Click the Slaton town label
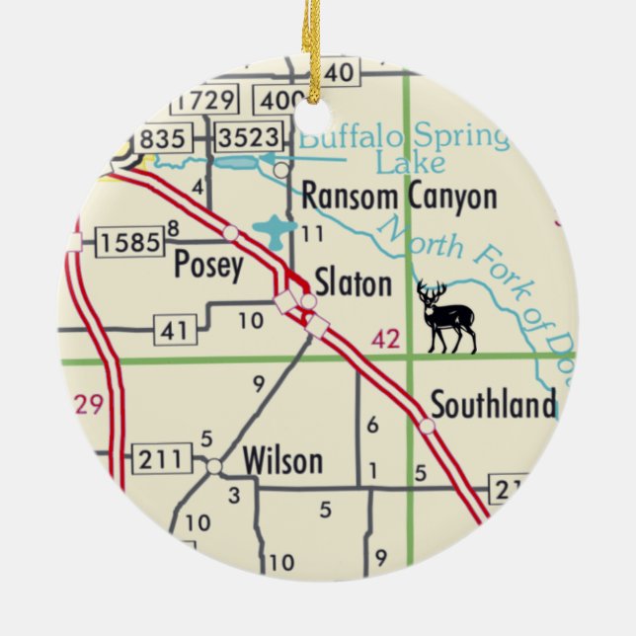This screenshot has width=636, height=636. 353,284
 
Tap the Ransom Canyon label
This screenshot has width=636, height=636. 399,197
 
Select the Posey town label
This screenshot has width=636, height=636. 208,265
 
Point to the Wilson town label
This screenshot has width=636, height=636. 282,460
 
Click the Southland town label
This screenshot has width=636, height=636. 494,405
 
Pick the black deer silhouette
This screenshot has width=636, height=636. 445,317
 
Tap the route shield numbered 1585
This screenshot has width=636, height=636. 130,241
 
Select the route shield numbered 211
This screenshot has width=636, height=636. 158,458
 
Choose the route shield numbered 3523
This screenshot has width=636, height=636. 242,136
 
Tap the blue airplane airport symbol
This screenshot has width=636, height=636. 274,232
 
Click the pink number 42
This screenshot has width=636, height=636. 385,340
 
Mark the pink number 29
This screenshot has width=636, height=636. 88,405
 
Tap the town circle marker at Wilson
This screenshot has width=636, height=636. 214,465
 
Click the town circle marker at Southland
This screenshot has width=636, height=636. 427,427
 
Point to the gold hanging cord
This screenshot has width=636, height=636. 313,44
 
